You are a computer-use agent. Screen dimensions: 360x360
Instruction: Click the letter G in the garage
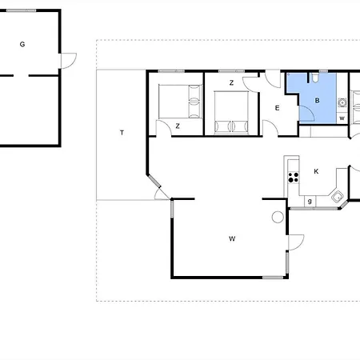[22, 44]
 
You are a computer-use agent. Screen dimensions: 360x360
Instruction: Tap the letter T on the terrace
[122, 133]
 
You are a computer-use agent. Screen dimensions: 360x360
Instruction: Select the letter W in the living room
[232, 238]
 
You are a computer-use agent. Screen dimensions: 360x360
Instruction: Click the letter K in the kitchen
[316, 171]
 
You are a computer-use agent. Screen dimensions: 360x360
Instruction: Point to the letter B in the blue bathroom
[317, 101]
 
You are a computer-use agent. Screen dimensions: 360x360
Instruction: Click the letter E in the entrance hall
[278, 108]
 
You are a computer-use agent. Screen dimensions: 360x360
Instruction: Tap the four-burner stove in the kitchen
[294, 178]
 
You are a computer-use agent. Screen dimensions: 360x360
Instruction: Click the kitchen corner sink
[338, 197]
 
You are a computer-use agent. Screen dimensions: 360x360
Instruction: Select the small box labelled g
[310, 202]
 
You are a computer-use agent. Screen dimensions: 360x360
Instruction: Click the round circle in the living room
[278, 217]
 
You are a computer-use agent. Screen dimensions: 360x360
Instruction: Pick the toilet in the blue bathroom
[315, 77]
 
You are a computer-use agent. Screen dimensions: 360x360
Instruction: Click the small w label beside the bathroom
[342, 118]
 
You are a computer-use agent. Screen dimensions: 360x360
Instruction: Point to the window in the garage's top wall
[22, 10]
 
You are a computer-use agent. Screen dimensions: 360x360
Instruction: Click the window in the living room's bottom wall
[273, 278]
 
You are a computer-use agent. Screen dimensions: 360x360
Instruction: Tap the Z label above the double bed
[231, 83]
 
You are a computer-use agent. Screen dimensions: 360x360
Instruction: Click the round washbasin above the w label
[342, 102]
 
